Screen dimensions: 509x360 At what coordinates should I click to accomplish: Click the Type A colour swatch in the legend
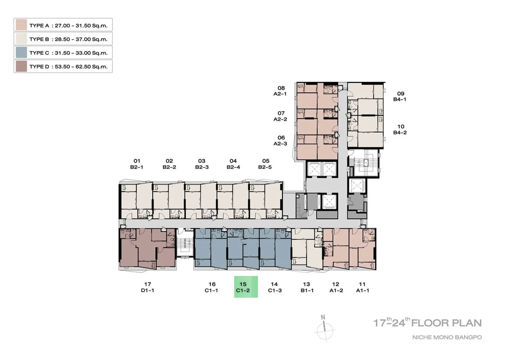[21, 25]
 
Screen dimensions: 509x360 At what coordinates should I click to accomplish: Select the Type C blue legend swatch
[21, 53]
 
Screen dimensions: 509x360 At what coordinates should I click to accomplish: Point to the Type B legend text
[68, 39]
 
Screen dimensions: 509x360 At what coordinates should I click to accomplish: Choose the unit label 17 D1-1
[148, 287]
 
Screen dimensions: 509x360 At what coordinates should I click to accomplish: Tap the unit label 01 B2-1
[137, 164]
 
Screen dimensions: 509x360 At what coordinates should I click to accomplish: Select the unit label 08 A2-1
[280, 91]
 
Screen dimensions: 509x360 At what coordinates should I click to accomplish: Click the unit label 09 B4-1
[400, 96]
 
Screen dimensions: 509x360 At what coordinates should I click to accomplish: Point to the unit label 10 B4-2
[400, 129]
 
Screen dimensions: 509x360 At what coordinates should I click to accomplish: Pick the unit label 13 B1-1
[307, 287]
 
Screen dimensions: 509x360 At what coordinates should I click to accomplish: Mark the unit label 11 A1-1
[362, 287]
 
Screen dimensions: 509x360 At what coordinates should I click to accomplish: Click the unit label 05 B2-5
[265, 164]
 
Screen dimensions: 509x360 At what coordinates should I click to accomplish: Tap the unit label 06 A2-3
[280, 141]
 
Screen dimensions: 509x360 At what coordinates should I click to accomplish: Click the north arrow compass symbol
[325, 328]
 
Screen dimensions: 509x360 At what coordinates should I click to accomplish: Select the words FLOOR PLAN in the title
[447, 323]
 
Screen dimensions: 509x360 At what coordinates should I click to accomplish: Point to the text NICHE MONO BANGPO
[447, 337]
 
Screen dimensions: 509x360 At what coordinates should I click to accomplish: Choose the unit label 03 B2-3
[202, 164]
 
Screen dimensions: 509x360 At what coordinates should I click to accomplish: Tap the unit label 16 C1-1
[212, 287]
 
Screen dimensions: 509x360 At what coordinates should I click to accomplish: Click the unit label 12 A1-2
[336, 287]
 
